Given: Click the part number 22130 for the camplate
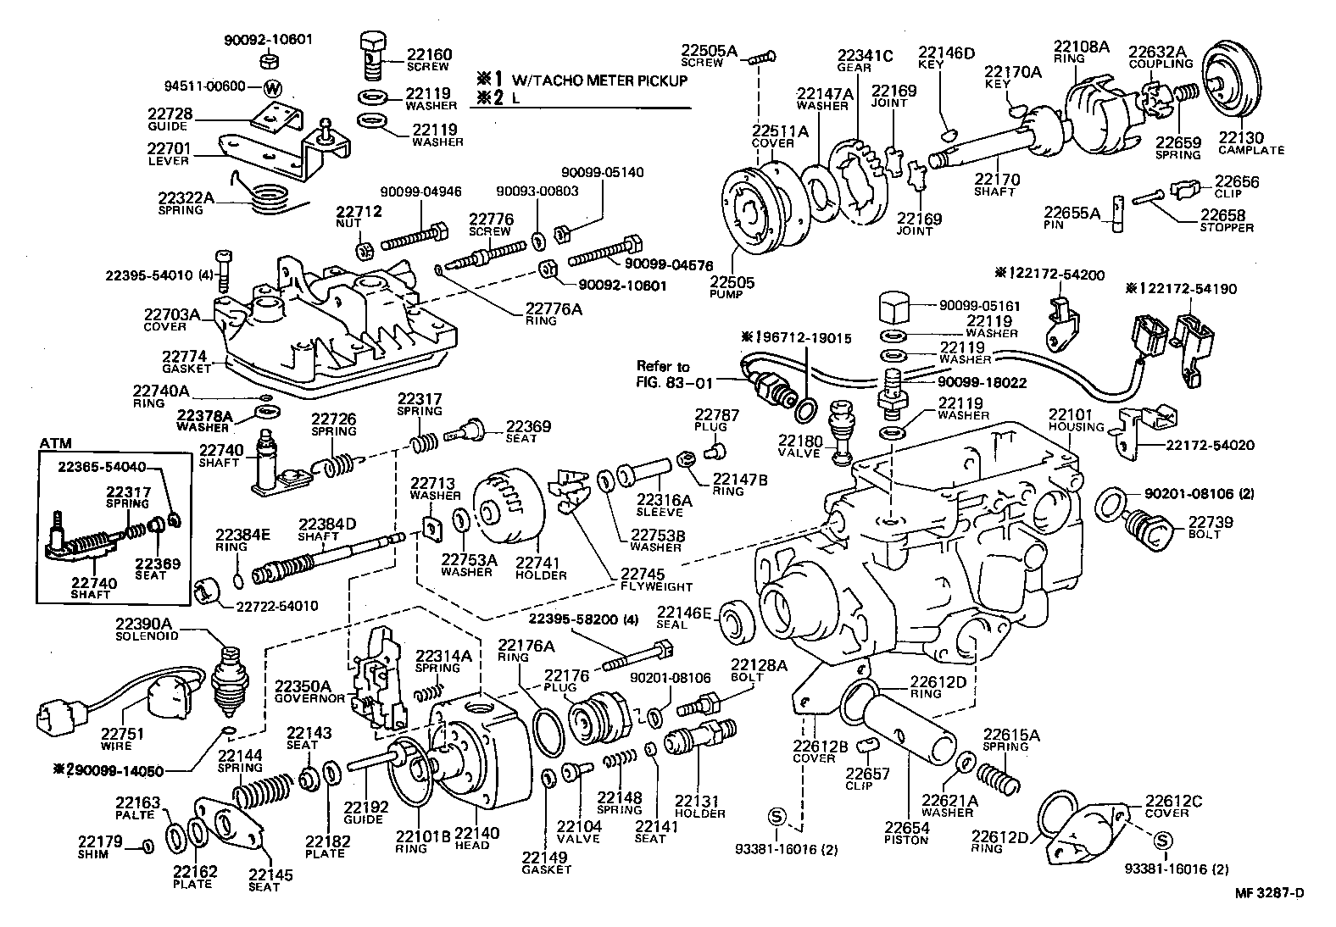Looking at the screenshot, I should click(1240, 138).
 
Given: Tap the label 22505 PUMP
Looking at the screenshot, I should click(732, 287).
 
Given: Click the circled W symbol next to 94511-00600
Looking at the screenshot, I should click(272, 87).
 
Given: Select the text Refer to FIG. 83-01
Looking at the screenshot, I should click(664, 373).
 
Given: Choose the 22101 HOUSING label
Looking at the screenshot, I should click(1076, 420).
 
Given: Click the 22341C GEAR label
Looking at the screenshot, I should click(865, 61).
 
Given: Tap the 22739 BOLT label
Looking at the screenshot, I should click(1210, 527).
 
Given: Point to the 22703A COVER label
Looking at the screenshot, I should click(175, 319).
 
